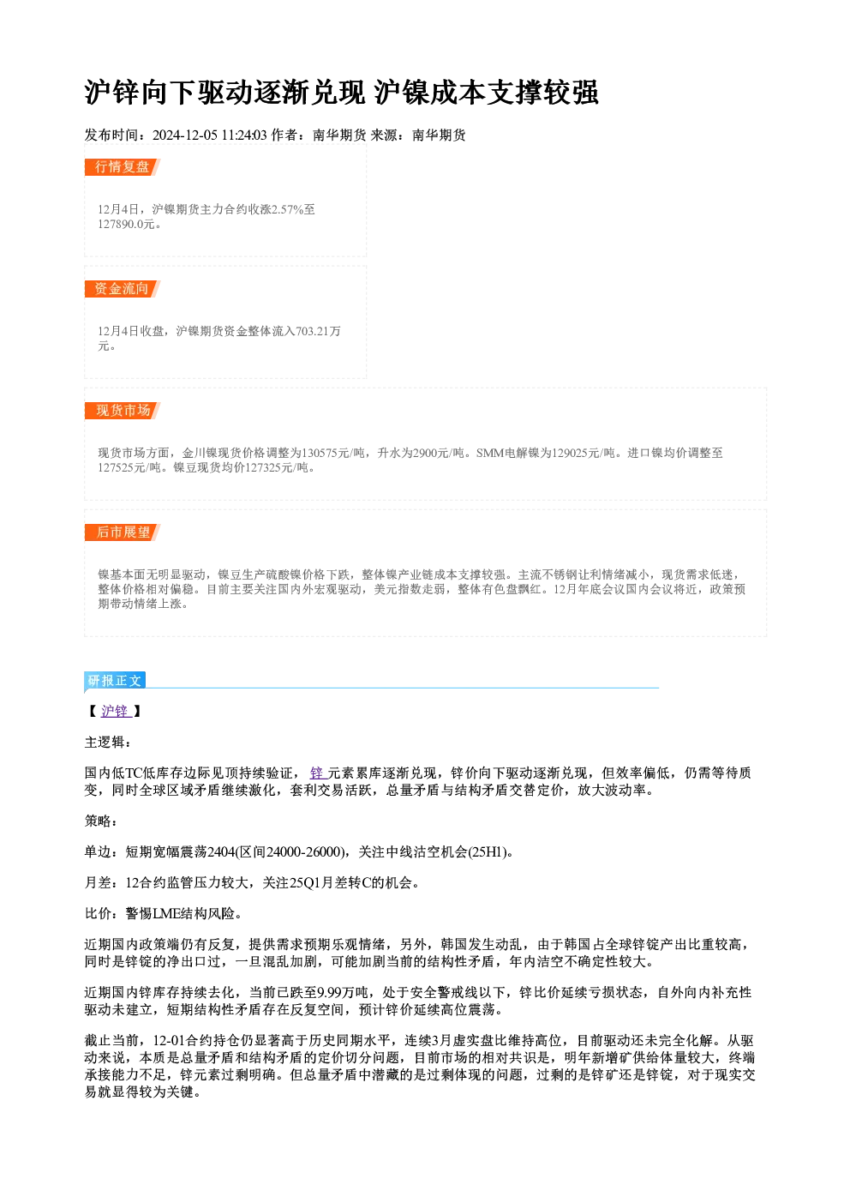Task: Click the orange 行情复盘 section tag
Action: click(122, 167)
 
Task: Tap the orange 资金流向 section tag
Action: click(122, 289)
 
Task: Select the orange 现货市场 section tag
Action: click(122, 411)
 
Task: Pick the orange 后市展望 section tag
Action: click(122, 532)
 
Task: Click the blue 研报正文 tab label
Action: click(115, 681)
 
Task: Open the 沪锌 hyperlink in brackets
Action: click(116, 712)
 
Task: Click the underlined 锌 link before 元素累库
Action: click(318, 773)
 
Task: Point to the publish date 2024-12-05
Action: click(184, 135)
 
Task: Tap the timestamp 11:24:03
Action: click(243, 135)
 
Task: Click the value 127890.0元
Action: click(126, 225)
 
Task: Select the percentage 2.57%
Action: click(287, 209)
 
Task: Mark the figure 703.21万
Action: click(318, 331)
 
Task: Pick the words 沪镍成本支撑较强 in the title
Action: click(486, 93)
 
